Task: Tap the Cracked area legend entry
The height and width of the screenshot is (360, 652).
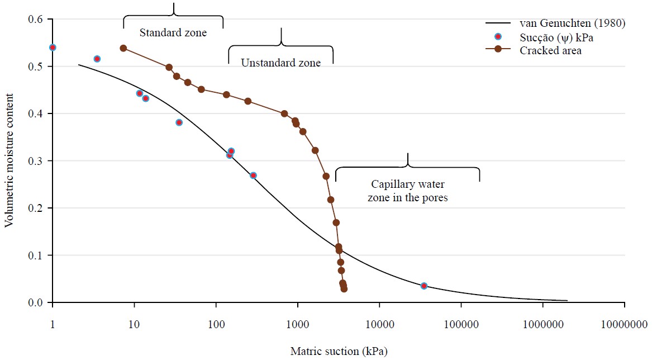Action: pos(550,50)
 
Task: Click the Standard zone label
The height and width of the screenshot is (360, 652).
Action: pos(173,32)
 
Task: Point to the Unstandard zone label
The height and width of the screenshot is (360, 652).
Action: pos(280,63)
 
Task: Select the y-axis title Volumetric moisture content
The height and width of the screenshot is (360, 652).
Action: pos(9,161)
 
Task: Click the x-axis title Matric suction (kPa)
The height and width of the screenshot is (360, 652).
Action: pos(339,351)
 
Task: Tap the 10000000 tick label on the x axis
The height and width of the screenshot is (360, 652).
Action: pos(624,325)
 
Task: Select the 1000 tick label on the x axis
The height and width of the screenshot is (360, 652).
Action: pos(298,325)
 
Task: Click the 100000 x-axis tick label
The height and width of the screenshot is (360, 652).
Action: pos(461,325)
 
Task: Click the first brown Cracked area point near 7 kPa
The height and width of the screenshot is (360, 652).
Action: pos(123,48)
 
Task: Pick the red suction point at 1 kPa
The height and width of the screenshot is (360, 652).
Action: pos(53,48)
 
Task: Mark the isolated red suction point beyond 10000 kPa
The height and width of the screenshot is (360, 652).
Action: pos(424,286)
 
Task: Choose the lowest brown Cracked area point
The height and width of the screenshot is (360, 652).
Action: pos(344,289)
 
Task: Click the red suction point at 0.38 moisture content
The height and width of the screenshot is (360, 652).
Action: pos(179,122)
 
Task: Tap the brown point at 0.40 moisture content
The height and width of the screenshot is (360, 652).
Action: pos(284,113)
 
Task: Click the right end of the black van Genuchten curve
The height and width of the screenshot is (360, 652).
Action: pos(567,300)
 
